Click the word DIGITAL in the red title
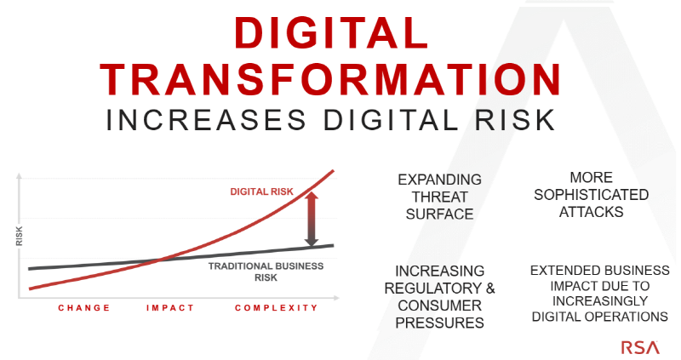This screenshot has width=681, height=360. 331,32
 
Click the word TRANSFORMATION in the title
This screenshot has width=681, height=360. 331,79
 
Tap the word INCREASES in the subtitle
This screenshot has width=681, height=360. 206,120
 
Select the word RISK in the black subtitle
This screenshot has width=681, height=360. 515,120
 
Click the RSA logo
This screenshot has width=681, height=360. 640,347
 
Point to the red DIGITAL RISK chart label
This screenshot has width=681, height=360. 261,191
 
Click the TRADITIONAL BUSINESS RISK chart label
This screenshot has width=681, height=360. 266,271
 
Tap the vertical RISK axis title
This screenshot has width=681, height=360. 19,237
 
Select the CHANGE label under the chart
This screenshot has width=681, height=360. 84,308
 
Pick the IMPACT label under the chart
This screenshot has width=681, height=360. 169,308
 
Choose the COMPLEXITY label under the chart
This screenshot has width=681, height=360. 277,308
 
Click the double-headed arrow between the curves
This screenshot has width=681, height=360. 312,220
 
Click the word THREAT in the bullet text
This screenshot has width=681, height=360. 439,197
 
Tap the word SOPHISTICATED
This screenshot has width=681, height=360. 591,195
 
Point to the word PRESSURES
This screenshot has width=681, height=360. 439,323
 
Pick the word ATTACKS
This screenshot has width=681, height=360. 591,212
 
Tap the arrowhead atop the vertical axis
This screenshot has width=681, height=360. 19,176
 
